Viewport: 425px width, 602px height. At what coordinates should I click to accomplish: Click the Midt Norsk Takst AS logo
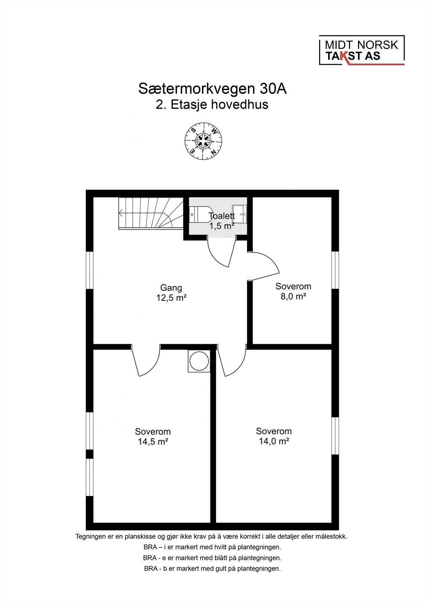(361, 50)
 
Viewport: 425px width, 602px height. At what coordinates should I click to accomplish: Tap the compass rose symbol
(203, 141)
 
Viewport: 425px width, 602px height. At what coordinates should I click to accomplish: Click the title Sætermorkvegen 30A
(213, 89)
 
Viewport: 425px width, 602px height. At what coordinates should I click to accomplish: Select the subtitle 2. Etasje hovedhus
(212, 105)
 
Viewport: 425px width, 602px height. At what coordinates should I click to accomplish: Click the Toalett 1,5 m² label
(222, 221)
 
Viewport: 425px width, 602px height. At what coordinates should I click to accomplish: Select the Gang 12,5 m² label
(171, 293)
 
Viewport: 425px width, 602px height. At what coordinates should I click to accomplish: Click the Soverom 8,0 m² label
(293, 291)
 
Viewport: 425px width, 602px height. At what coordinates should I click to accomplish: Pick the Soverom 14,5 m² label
(153, 436)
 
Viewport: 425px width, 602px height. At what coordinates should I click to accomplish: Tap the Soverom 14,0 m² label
(274, 436)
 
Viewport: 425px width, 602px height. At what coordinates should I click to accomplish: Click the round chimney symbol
(199, 361)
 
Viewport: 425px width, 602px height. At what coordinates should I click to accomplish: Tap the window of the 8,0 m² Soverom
(335, 270)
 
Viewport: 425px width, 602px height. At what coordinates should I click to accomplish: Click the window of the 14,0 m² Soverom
(335, 436)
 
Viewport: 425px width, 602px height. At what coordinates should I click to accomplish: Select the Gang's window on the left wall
(89, 270)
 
